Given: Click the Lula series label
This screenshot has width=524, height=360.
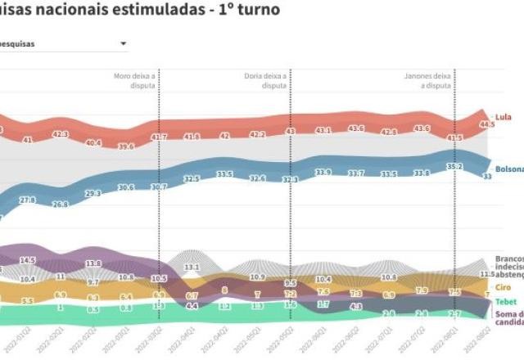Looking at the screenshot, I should click(504, 117).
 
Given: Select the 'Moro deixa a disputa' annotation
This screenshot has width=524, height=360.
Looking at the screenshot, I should click(134, 80).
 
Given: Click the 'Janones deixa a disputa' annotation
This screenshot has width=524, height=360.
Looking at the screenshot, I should click(427, 80).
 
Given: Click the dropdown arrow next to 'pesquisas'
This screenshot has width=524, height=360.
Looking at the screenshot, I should click(123, 43).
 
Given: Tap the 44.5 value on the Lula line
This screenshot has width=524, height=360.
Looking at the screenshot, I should click(487, 124).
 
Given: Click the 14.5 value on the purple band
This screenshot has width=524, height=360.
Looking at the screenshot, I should click(28, 260).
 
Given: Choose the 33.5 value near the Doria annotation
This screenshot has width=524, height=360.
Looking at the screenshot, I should click(224, 173).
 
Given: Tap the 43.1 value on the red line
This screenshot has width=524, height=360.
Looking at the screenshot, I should click(323, 130).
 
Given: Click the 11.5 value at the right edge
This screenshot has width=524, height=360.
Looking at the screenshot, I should click(486, 274).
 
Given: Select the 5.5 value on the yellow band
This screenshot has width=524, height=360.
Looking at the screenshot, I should click(28, 301).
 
